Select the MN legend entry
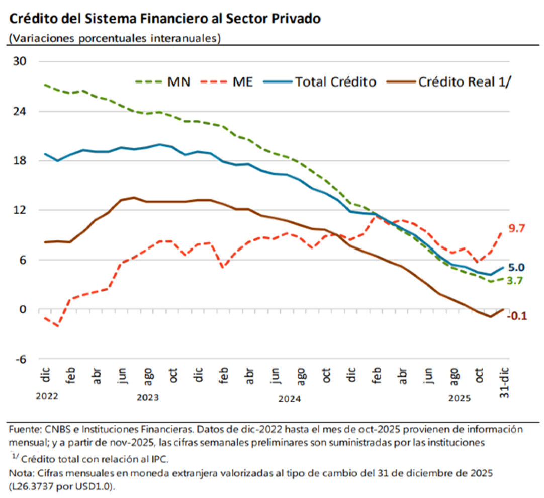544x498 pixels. [179, 82]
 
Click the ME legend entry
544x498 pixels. [243, 82]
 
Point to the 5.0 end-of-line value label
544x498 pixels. [516, 268]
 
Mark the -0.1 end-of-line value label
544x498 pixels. [516, 316]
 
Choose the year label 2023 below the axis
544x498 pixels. [148, 398]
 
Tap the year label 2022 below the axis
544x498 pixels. [47, 396]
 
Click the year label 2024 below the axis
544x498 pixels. [290, 400]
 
